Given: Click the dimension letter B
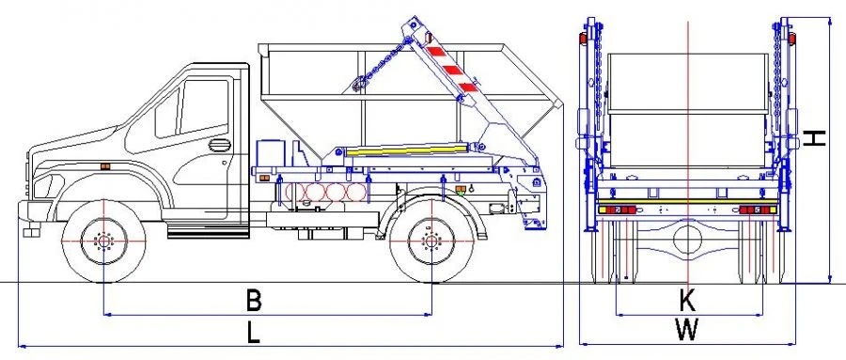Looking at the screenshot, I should coord(253,300).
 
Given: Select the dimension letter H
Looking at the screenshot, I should coord(816,138).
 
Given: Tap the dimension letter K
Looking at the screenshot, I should coord(687,301).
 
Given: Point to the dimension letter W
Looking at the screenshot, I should coord(687,330).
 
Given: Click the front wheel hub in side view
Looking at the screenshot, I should coord(103,242).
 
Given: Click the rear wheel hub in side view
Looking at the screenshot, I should coord(431,242).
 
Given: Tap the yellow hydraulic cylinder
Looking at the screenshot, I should coord(404,148).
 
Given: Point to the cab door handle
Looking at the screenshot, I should coord(218,145).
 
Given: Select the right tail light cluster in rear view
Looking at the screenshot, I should coord(754,210).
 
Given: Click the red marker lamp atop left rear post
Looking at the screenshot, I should coord(583,39).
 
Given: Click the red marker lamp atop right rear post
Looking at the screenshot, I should coord(791,39).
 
